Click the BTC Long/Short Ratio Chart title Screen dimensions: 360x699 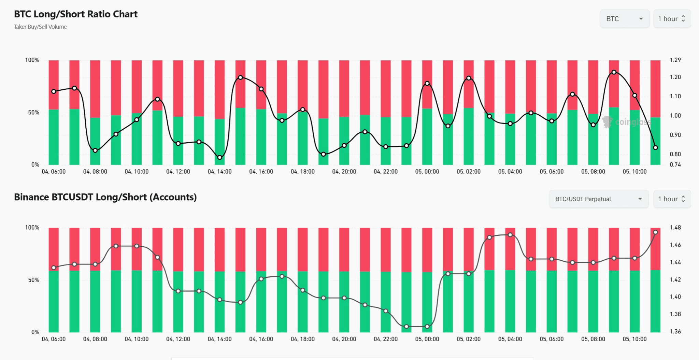(x=76, y=14)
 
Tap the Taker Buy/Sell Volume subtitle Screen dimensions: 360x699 (x=40, y=27)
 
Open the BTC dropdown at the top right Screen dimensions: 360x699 (x=624, y=19)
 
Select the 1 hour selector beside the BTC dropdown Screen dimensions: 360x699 (x=672, y=19)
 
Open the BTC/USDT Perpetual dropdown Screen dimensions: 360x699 (x=598, y=199)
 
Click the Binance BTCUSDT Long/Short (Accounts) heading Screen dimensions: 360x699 (x=105, y=197)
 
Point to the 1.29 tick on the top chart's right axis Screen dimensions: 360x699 (x=675, y=60)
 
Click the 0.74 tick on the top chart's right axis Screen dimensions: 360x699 (x=675, y=164)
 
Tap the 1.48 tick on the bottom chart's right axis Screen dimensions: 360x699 (x=675, y=228)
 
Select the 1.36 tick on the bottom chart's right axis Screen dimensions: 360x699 (x=675, y=331)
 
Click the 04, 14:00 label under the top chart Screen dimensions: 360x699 (x=219, y=172)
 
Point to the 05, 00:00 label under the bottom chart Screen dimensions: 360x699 (x=427, y=339)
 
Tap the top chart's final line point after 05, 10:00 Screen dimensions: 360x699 (x=655, y=148)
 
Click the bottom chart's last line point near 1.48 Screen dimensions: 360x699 (x=655, y=232)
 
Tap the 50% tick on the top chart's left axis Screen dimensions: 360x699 (x=33, y=113)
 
